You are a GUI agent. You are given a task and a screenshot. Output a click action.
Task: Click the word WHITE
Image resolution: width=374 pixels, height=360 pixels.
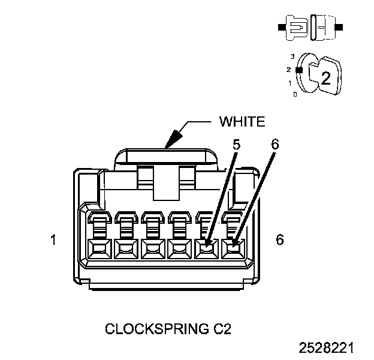point(242,122)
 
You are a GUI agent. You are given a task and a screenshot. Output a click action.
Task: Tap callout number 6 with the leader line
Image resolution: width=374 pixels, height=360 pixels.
point(275,145)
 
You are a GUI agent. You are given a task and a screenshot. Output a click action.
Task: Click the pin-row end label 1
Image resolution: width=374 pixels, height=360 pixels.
point(53,240)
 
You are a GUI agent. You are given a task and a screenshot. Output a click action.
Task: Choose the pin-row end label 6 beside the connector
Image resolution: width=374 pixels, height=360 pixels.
point(279,240)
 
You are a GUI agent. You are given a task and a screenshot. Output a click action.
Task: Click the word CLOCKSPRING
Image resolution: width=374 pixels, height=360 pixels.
point(152,329)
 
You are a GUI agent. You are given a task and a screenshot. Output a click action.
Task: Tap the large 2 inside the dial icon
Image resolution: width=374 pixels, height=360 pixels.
point(325,77)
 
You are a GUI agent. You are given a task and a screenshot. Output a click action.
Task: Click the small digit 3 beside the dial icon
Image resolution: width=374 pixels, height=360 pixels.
point(292,56)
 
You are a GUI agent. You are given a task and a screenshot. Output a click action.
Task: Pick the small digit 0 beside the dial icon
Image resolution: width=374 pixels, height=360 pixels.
point(294,94)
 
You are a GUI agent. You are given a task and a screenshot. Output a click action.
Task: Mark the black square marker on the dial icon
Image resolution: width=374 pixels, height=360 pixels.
point(300,69)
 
